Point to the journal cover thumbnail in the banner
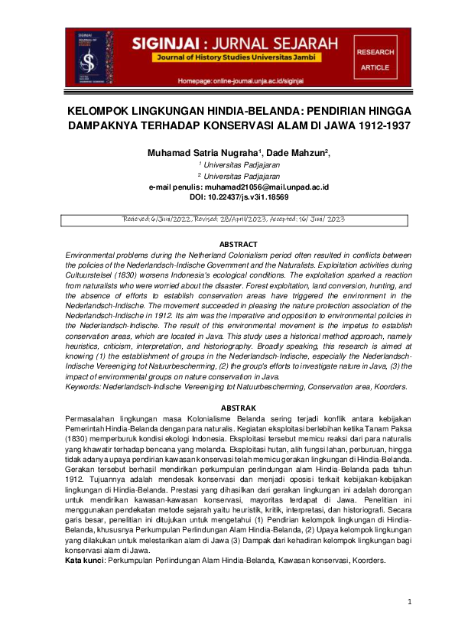[85, 58]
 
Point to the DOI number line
[227, 197]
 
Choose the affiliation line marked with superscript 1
[228, 164]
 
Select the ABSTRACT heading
[227, 244]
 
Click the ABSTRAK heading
[227, 408]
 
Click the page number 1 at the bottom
[410, 603]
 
